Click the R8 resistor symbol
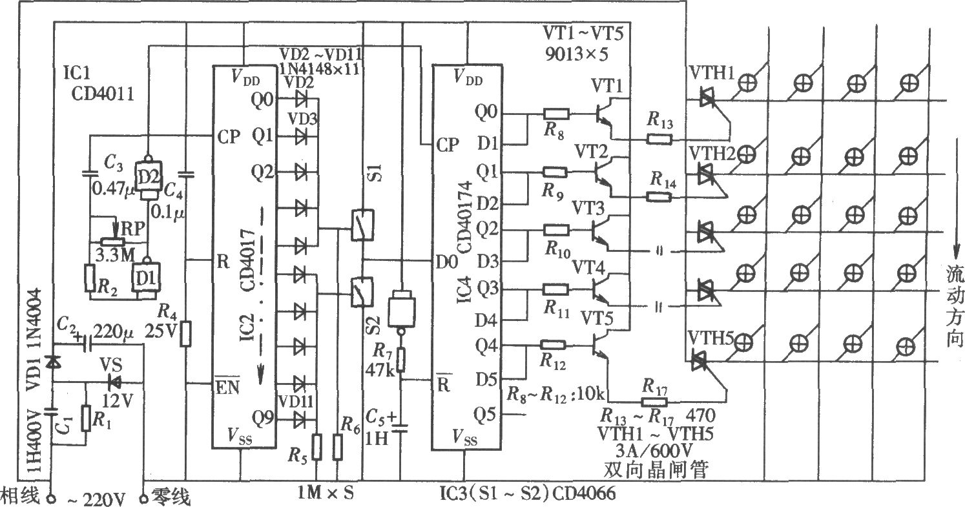pyautogui.click(x=556, y=114)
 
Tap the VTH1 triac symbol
pyautogui.click(x=707, y=99)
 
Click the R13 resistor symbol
pyautogui.click(x=659, y=139)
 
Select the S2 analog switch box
pyautogui.click(x=362, y=292)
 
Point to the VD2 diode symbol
pyautogui.click(x=301, y=99)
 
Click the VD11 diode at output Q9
pyautogui.click(x=300, y=419)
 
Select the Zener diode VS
pyautogui.click(x=115, y=382)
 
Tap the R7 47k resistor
pyautogui.click(x=400, y=360)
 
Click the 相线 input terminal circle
pyautogui.click(x=52, y=499)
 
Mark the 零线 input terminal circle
pyautogui.click(x=143, y=499)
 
